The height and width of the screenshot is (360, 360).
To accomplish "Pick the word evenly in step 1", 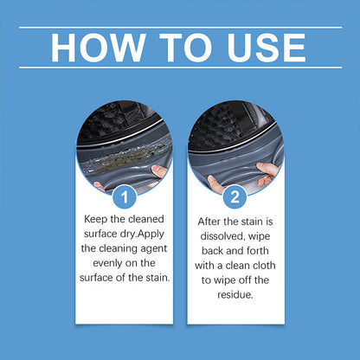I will click(104, 262).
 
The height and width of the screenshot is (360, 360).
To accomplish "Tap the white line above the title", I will click(180, 27).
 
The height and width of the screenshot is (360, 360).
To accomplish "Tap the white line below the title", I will click(180, 67).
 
